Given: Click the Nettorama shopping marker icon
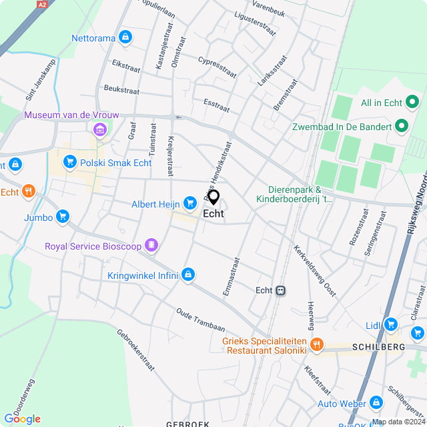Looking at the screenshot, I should tap(125, 37).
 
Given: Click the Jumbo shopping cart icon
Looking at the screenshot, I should tap(63, 216).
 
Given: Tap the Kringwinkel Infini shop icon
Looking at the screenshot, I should tap(189, 274).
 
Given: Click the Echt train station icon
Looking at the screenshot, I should tap(282, 290).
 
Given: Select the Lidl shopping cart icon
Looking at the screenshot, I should tap(391, 324).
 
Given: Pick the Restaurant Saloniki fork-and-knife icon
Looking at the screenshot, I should tap(316, 345).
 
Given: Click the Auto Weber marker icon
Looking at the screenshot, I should tap(376, 403).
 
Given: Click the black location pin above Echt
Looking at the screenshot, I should tap(213, 197).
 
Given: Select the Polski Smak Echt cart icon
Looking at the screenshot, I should tap(69, 162).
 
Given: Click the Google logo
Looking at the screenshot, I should tap(22, 418).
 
